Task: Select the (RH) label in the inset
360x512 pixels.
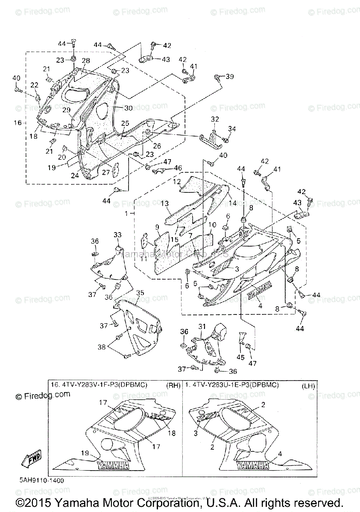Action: point(173,385)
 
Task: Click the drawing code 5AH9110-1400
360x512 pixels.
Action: point(41,480)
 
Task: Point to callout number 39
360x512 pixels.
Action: point(230,77)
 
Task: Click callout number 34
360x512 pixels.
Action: point(232,129)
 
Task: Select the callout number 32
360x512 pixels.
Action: point(215,119)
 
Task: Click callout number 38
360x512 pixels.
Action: point(102,347)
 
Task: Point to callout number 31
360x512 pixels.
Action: point(202,326)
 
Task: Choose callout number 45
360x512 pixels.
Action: point(241,358)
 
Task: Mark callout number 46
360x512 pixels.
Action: point(177,168)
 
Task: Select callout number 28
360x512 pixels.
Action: point(86,61)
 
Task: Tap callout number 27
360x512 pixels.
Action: point(105,172)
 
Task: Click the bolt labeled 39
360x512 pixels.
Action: point(218,77)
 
